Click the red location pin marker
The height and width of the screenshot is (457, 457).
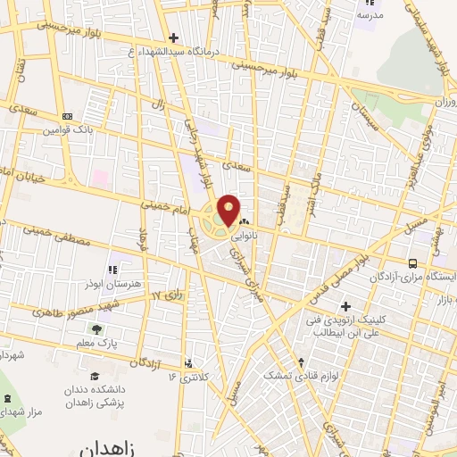pos(229,210)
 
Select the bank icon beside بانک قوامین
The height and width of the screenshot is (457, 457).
pos(68,117)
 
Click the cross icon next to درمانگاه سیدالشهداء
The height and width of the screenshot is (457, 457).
pos(173,37)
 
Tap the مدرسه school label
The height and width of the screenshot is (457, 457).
pos(370,14)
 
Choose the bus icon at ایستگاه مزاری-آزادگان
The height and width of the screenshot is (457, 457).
pos(412,262)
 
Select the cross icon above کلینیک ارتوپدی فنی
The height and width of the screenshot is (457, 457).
pos(345,307)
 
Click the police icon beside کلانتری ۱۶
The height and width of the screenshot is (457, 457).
pos(188,363)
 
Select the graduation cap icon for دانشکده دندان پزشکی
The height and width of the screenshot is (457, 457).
pos(96,376)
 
